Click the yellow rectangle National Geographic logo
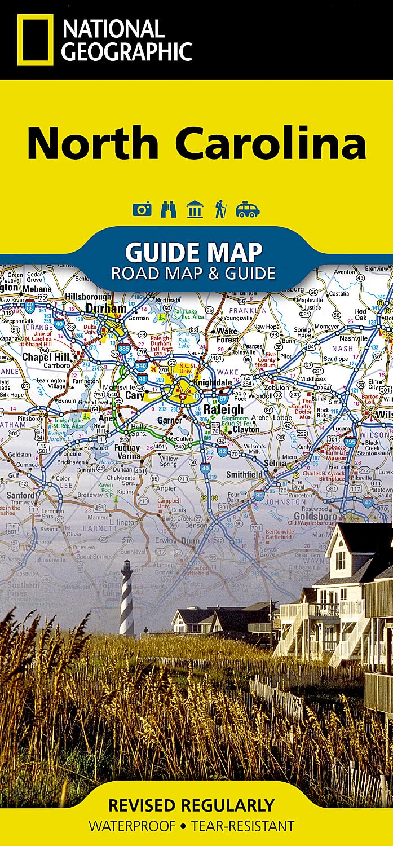pyautogui.click(x=35, y=39)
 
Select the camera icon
pyautogui.click(x=142, y=210)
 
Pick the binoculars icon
pyautogui.click(x=169, y=209)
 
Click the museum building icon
pyautogui.click(x=195, y=209)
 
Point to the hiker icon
pyautogui.click(x=220, y=209)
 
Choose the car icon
pyautogui.click(x=248, y=210)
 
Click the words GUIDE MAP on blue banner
pyautogui.click(x=193, y=252)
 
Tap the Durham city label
pyautogui.click(x=106, y=309)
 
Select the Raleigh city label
pyautogui.click(x=223, y=409)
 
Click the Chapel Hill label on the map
pyautogui.click(x=46, y=357)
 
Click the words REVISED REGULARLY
pyautogui.click(x=191, y=805)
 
